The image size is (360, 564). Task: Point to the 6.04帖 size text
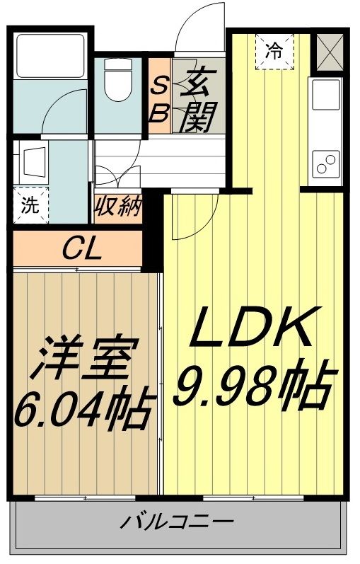(x=82, y=408)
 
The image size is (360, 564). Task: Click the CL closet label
(x=81, y=248)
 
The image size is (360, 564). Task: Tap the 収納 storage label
(x=120, y=208)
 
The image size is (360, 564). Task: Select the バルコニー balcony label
(x=176, y=524)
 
